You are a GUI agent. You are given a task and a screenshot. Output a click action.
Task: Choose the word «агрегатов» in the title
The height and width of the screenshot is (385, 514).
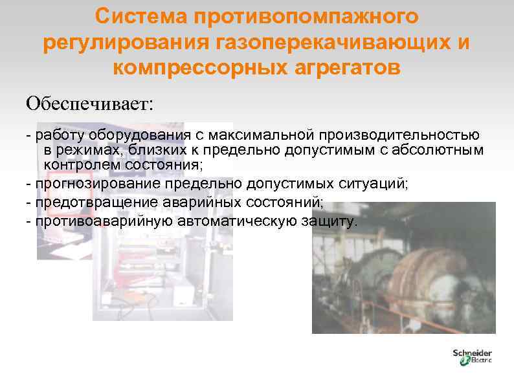(x=348, y=68)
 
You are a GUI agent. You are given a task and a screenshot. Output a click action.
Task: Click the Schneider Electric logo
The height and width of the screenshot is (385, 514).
(x=472, y=357)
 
